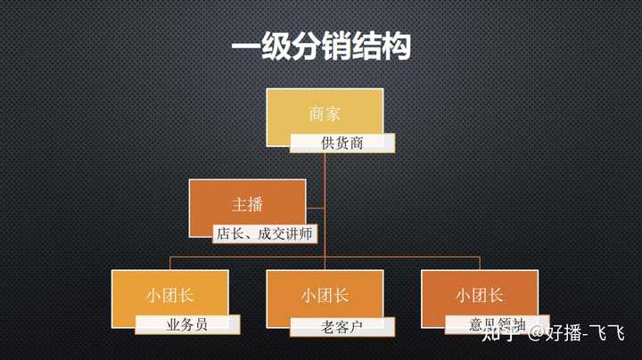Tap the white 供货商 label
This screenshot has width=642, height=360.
click(342, 143)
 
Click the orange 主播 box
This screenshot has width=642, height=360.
click(247, 201)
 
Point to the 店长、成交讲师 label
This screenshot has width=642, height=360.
click(265, 234)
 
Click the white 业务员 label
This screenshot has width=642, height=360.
click(187, 324)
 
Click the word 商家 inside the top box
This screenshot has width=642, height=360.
click(325, 114)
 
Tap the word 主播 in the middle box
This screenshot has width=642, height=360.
click(247, 204)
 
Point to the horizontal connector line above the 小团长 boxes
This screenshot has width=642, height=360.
click(401, 257)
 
